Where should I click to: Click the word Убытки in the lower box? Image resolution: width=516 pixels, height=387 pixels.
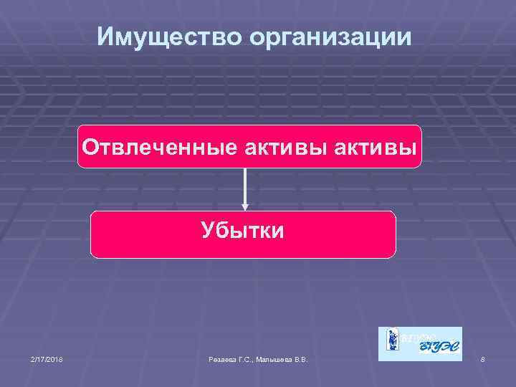point(242,231)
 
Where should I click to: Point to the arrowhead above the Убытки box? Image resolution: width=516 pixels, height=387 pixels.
point(245,206)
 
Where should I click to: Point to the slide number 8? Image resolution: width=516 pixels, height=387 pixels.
point(483,358)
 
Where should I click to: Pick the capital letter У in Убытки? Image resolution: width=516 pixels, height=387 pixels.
point(207,231)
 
